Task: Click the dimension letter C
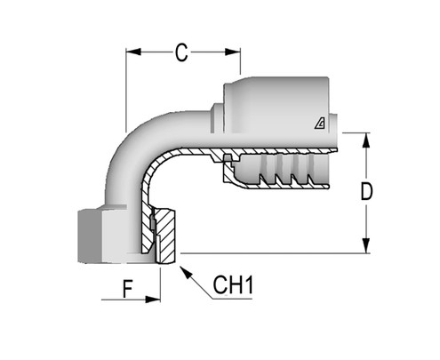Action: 180,53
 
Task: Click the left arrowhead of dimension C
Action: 130,52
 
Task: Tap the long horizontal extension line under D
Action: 276,253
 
